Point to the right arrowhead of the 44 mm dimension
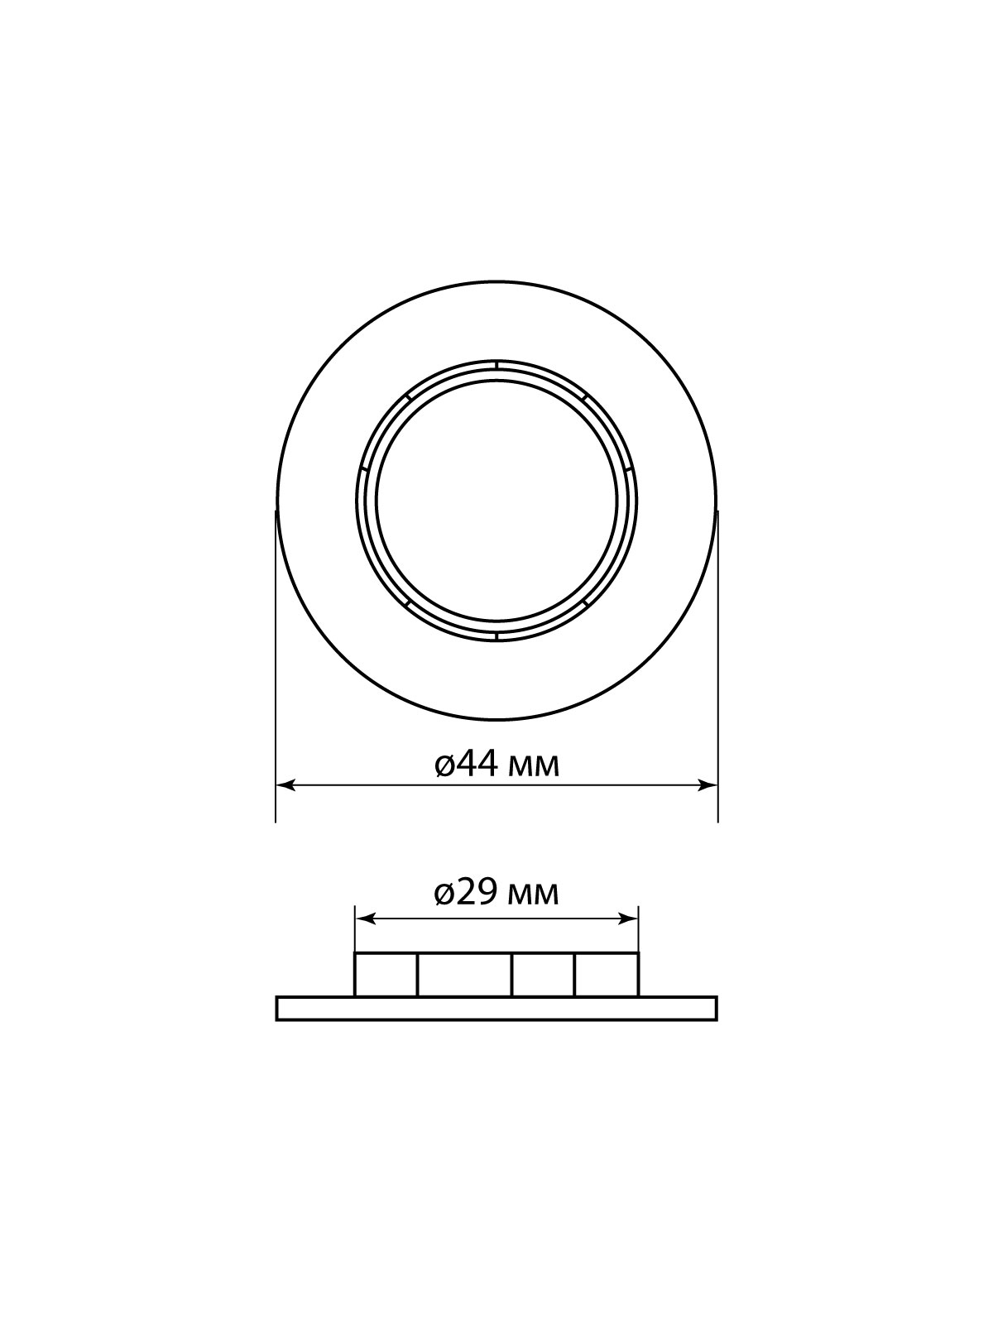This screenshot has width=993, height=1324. (708, 785)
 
